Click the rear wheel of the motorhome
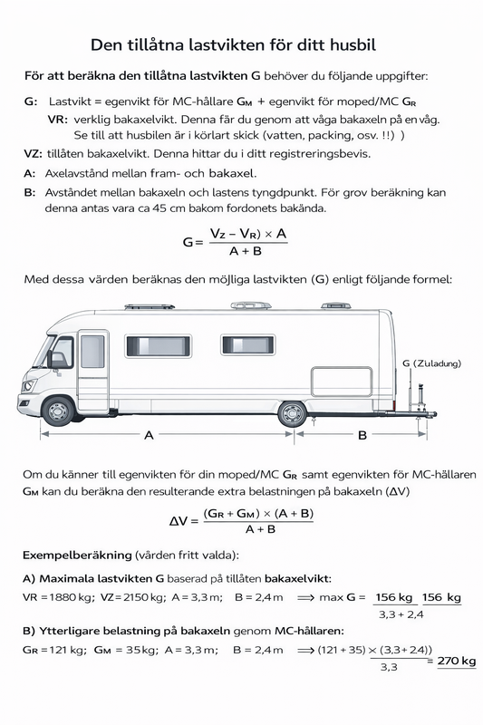[292, 412]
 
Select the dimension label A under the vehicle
[149, 435]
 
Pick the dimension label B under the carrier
[362, 435]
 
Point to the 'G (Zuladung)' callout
[431, 362]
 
